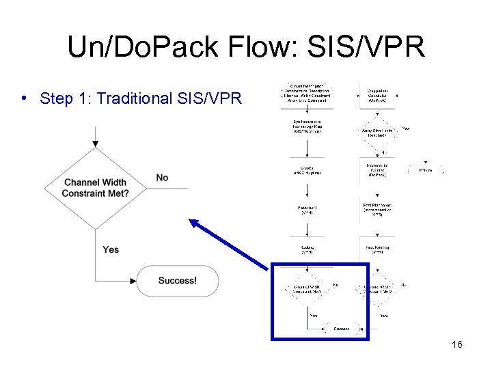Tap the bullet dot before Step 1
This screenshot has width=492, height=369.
pos(25,98)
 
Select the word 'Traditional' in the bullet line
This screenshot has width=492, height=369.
pos(134,98)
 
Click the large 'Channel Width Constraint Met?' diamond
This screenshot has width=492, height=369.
pos(95,188)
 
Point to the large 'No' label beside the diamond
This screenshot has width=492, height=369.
pos(162,178)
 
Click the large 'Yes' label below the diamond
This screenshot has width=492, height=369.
pos(111,249)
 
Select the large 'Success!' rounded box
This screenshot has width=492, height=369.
pos(177,281)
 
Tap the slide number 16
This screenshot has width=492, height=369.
pos(456,344)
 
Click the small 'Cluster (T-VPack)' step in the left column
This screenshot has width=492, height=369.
pos(307,170)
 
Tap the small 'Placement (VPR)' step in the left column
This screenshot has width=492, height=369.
pos(307,210)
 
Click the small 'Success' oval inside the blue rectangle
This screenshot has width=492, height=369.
pos(342,329)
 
